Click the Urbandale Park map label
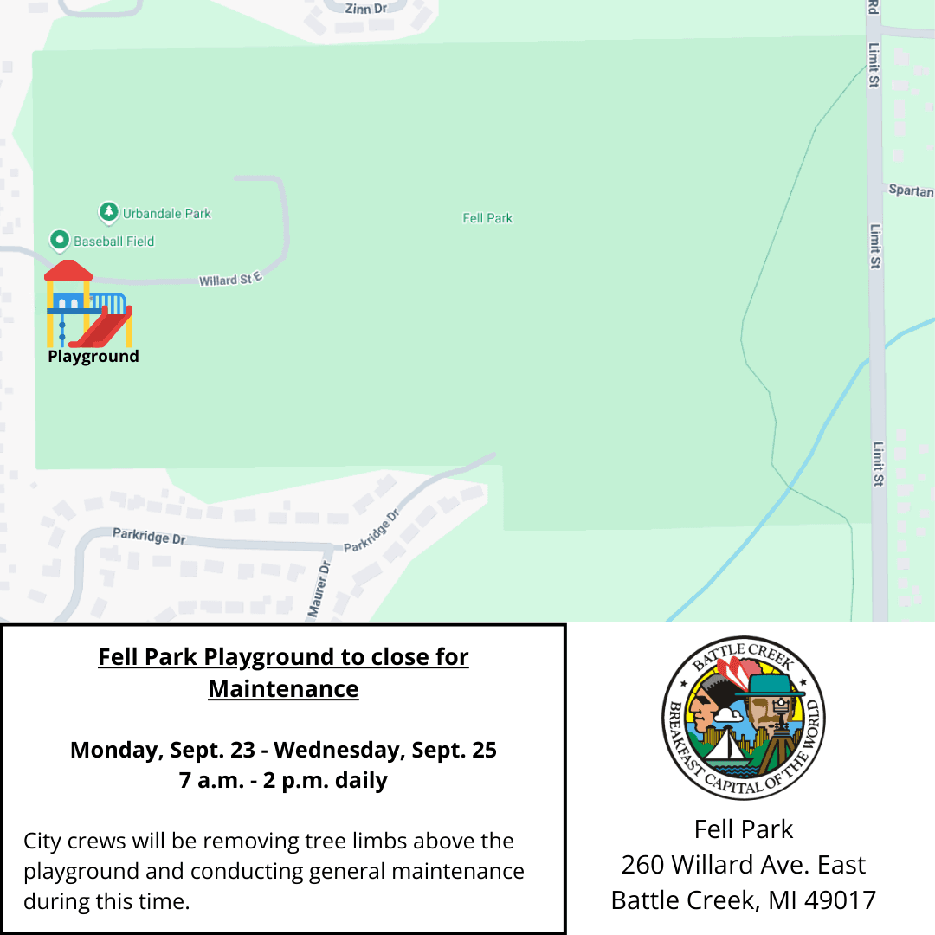coord(166,213)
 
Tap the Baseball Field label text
coord(113,242)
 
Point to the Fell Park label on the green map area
coord(487,218)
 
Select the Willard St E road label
coord(229,280)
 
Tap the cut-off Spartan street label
coord(911,190)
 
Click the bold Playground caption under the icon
coord(93,356)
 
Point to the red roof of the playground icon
coord(68,270)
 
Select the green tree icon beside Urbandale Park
coord(108,211)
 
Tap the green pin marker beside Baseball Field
coord(59,240)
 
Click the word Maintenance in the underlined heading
coord(283,689)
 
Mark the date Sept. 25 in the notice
coord(457,750)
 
